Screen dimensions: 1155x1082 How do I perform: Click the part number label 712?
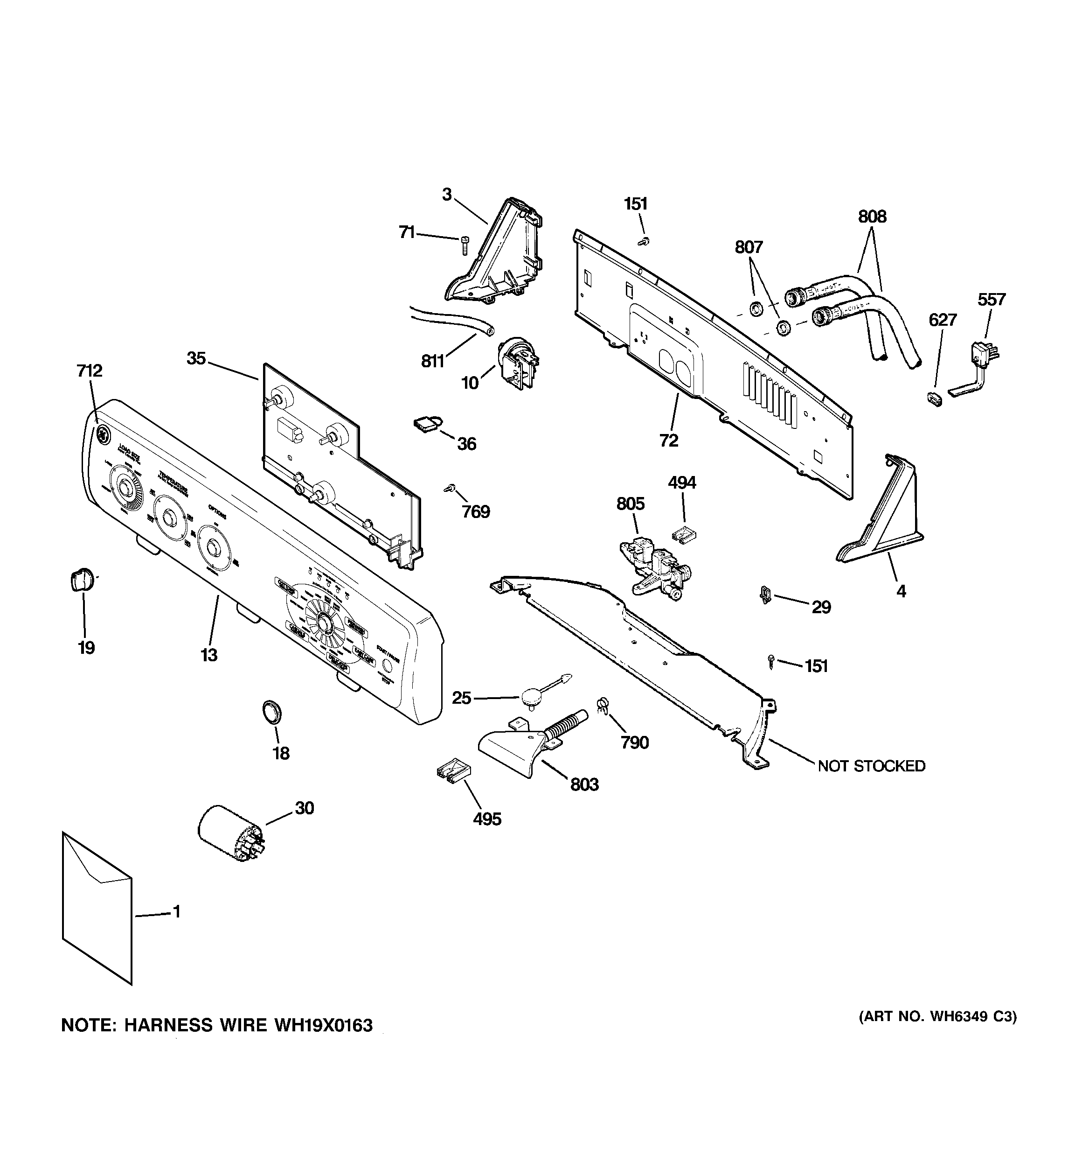pos(90,370)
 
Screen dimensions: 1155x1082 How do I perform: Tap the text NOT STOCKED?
pos(871,766)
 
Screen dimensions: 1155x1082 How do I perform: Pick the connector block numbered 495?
pos(453,771)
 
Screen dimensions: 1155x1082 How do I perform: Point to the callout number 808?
pos(872,217)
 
